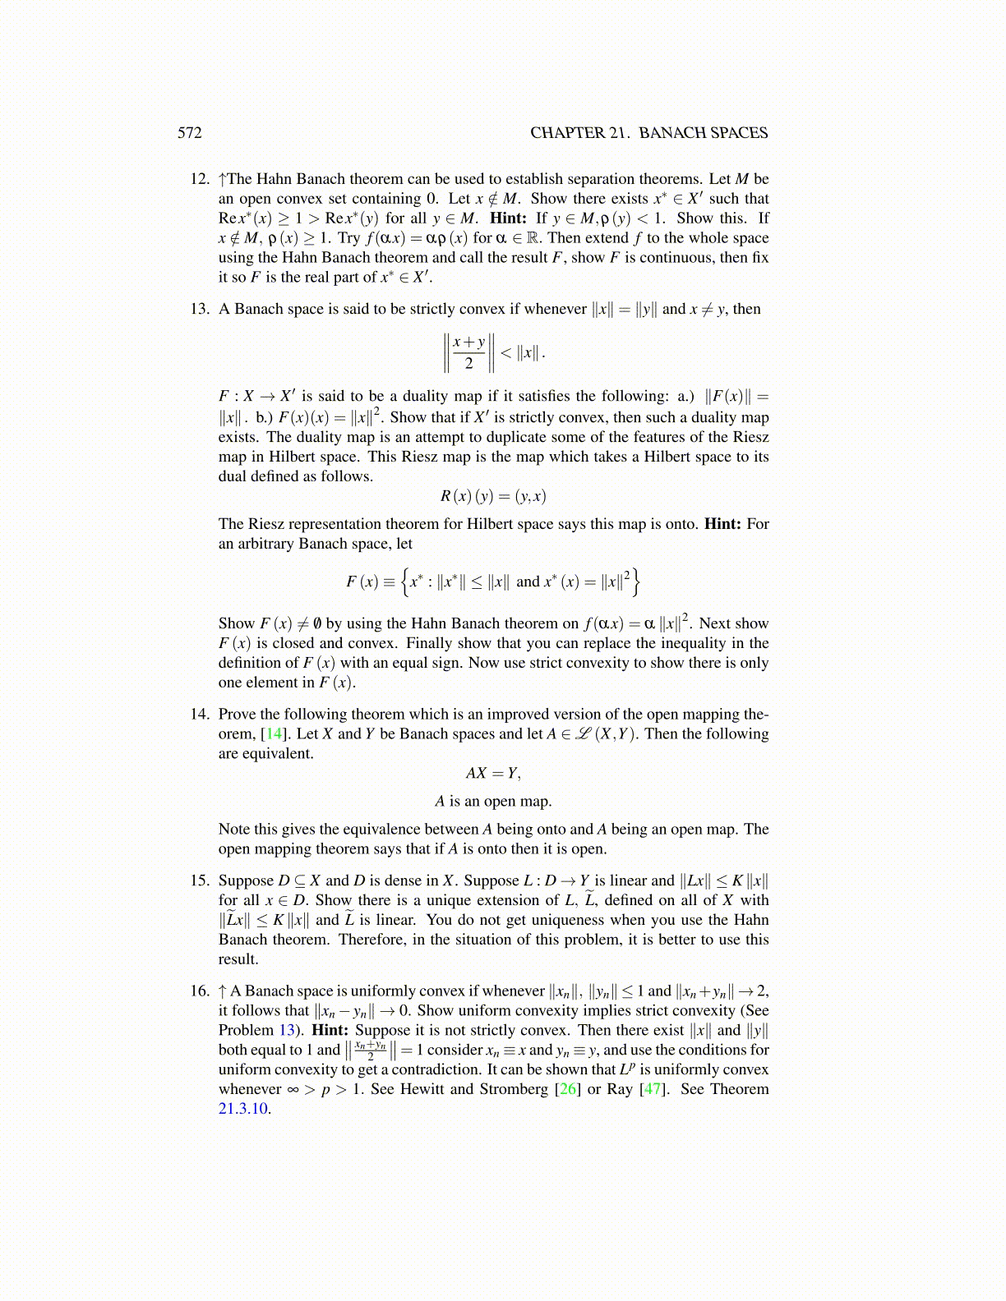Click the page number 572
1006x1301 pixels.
190,133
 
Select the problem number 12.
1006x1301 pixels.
200,179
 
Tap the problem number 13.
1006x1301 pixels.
200,310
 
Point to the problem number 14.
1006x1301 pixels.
200,715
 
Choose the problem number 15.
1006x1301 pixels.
200,881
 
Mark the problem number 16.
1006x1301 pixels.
200,991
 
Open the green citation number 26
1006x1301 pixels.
567,1090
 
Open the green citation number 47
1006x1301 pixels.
652,1090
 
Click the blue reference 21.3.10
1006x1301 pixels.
243,1110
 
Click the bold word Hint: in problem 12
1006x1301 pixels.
508,218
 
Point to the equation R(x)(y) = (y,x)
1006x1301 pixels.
493,496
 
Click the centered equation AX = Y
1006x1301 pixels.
493,774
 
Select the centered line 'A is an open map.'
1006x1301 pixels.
493,802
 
